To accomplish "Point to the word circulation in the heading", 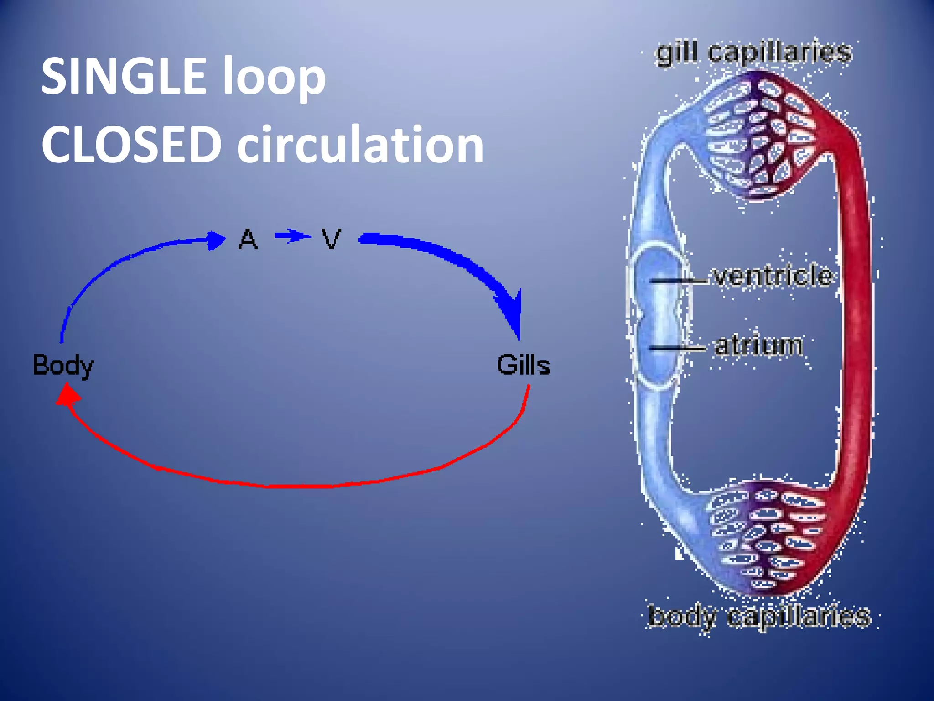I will click(x=360, y=145).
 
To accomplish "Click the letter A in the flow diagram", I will click(x=248, y=239).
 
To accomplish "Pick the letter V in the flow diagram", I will click(x=331, y=239).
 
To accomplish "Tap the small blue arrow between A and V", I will click(x=292, y=236).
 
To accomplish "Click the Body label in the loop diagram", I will click(x=63, y=365).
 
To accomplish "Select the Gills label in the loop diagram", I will click(x=523, y=365).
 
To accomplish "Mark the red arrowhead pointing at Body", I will click(x=67, y=395).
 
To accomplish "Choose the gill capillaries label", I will click(x=753, y=53).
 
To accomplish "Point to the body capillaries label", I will click(x=759, y=616).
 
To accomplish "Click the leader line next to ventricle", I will click(x=677, y=281).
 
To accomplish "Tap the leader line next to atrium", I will click(x=676, y=349).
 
